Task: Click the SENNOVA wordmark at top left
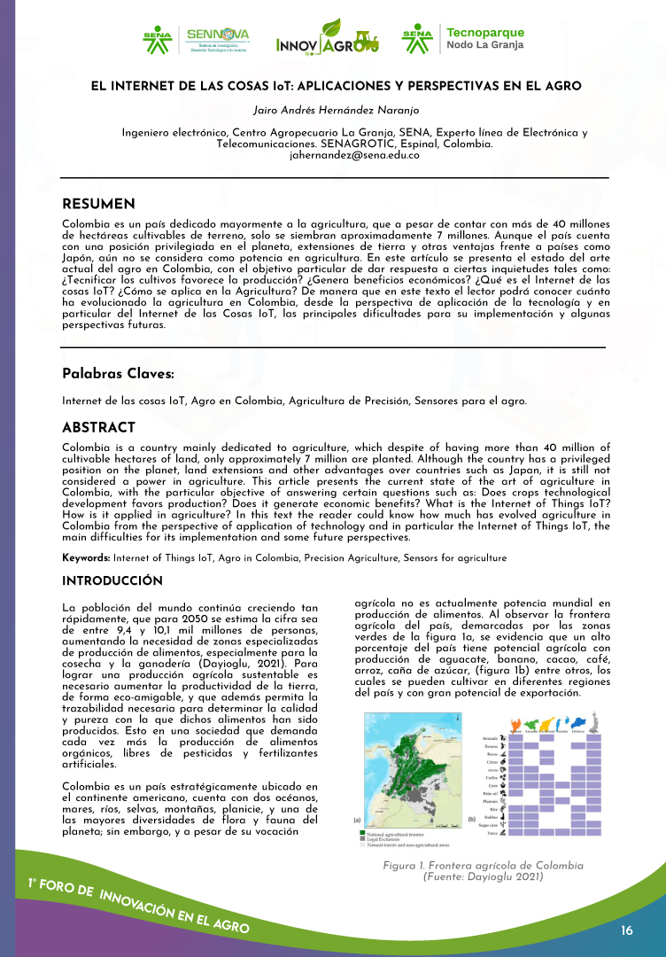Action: click(217, 34)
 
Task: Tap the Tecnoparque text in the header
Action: click(484, 32)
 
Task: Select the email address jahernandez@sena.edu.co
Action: click(333, 154)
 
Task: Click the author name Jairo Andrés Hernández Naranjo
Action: click(332, 110)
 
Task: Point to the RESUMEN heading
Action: click(98, 205)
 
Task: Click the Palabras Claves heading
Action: click(118, 374)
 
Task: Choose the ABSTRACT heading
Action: click(98, 428)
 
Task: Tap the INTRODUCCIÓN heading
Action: click(112, 580)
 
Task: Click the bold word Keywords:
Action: click(86, 557)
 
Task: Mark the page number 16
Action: click(627, 930)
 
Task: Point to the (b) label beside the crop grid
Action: click(471, 820)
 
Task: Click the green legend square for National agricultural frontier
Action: click(362, 834)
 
